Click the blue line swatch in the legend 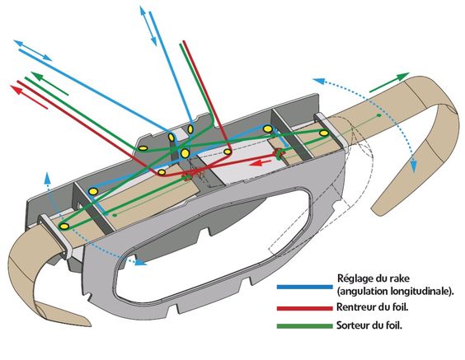tap(305, 287)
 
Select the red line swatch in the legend tap(305, 308)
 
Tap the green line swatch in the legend tap(305, 326)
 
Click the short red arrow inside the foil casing tap(260, 162)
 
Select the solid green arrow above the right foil tap(389, 82)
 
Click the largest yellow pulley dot tap(185, 153)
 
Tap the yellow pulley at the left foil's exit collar tap(64, 227)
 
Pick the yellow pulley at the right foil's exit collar tap(323, 133)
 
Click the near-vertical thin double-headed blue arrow tap(148, 26)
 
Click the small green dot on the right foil tap(379, 115)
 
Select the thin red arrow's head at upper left tap(16, 88)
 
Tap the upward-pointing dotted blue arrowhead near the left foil tap(46, 177)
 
